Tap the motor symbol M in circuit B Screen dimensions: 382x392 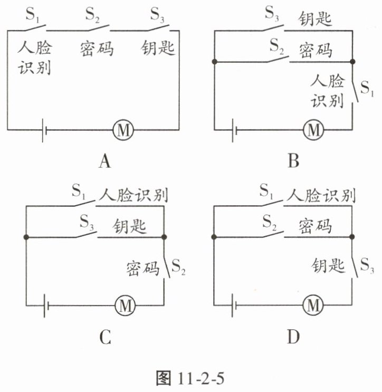314,128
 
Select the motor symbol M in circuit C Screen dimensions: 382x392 126,305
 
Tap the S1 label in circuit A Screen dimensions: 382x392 34,14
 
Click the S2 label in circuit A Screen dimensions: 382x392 93,14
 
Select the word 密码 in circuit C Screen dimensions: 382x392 143,268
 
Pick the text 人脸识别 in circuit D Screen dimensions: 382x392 320,195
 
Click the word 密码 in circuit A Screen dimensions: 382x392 98,49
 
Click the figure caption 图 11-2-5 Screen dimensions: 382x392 190,378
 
